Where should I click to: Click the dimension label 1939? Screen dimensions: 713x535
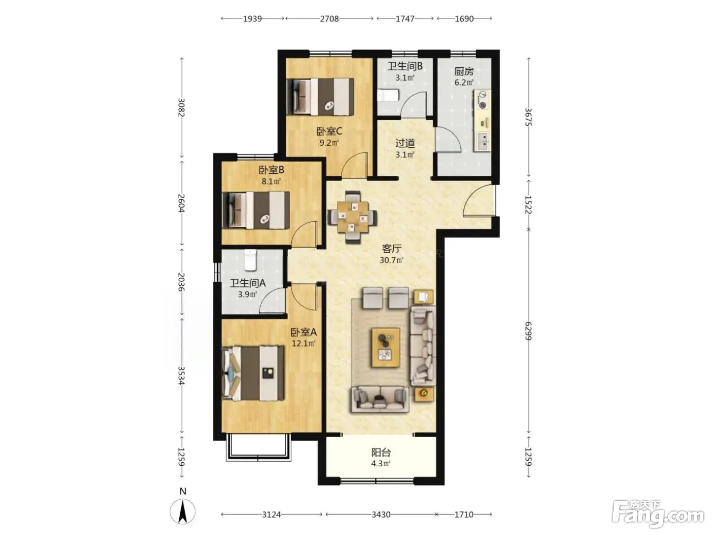[253, 19]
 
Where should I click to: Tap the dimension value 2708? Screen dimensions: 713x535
[330, 19]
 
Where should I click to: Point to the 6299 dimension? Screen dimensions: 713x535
[528, 331]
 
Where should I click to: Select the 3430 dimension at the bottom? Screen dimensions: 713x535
[381, 515]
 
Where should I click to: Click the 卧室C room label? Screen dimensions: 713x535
[329, 131]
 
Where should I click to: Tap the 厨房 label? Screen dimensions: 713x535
[464, 71]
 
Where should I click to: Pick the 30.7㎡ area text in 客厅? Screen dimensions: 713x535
[392, 260]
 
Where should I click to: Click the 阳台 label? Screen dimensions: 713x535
[381, 452]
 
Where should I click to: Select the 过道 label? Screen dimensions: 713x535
[405, 143]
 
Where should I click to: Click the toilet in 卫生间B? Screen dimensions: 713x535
[388, 96]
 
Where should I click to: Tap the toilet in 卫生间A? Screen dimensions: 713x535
[250, 260]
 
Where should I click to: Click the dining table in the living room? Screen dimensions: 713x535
[353, 217]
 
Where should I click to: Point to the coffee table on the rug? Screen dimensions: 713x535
[386, 347]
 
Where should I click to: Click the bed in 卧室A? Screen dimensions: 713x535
[253, 373]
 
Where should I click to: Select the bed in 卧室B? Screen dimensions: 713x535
[256, 210]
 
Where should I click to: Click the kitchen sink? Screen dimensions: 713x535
[483, 141]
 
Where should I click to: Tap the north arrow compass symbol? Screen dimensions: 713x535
[182, 511]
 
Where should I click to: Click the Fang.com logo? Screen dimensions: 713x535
[658, 514]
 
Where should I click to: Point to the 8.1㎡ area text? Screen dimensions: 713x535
[271, 181]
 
